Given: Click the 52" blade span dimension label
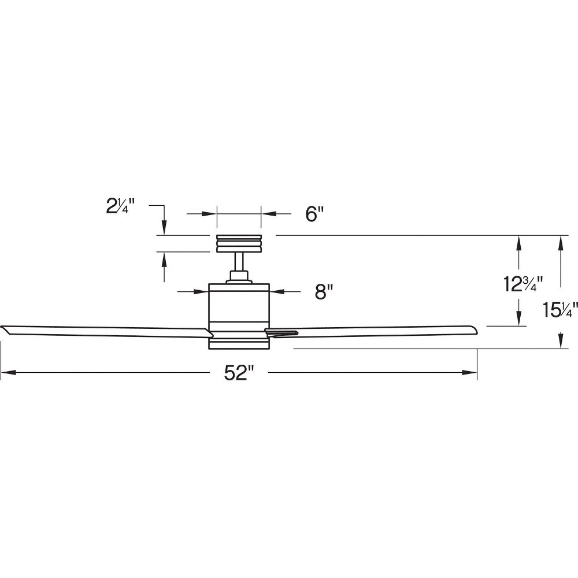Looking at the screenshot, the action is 240,373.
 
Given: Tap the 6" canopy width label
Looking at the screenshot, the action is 314,214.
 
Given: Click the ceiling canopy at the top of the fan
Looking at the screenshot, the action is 239,244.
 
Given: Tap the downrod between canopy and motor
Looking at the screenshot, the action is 239,262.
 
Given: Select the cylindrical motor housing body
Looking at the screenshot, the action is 239,316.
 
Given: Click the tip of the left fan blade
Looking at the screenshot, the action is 1,327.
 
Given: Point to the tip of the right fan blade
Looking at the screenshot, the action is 477,328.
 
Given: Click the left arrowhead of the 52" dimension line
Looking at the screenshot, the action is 8,373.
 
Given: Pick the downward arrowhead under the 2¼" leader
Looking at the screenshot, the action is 164,227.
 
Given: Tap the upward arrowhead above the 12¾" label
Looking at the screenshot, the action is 518,243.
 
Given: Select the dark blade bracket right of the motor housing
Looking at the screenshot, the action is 282,332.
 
